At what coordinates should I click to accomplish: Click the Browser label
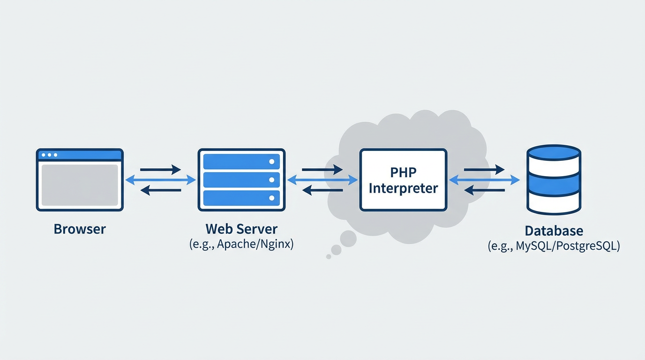(80, 229)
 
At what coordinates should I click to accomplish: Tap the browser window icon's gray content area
(80, 185)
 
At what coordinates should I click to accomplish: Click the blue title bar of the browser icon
(80, 155)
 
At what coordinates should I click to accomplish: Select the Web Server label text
(241, 229)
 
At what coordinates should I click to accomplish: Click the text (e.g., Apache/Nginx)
(241, 244)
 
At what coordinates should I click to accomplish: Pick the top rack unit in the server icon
(241, 162)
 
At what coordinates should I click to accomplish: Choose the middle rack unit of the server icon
(241, 180)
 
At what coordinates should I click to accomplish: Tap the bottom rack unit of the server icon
(241, 198)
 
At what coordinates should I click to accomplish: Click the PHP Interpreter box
(403, 180)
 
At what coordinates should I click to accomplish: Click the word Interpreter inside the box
(403, 188)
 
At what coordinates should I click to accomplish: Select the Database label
(554, 231)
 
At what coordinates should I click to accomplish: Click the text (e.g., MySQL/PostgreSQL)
(554, 246)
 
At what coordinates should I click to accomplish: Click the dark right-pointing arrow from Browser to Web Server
(160, 170)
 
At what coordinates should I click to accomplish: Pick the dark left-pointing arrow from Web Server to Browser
(160, 190)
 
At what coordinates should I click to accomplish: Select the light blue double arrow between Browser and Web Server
(160, 180)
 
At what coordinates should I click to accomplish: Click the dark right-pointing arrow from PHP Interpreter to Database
(484, 170)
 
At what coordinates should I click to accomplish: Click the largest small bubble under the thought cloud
(348, 239)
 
